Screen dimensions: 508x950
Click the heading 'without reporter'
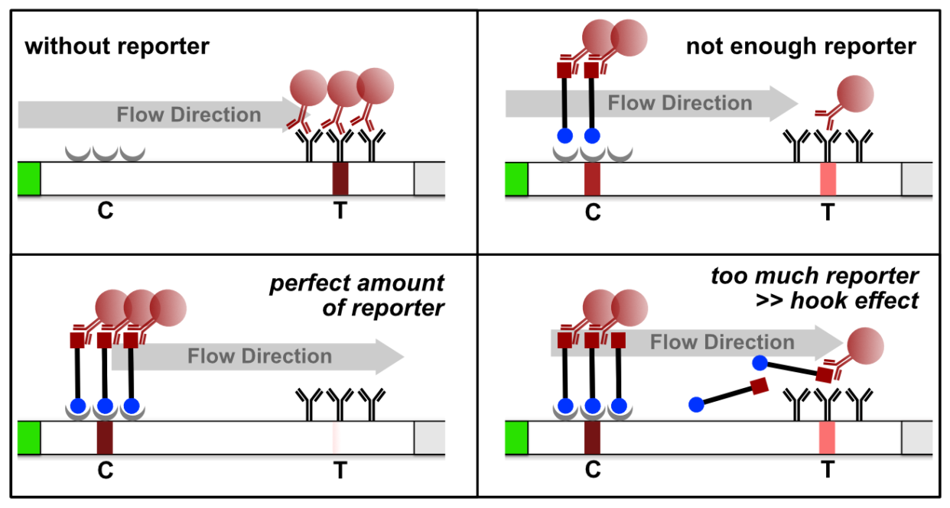coord(116,47)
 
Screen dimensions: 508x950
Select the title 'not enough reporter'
coord(800,47)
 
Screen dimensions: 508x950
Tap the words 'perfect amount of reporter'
coord(356,296)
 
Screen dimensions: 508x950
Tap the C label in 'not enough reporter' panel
coord(593,212)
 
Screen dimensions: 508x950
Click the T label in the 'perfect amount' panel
coord(340,471)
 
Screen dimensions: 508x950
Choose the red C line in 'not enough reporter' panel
coord(593,179)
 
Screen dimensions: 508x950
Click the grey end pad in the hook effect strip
coord(916,436)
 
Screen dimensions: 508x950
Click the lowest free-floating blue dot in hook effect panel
coord(695,403)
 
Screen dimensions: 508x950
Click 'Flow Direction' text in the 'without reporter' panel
coord(189,115)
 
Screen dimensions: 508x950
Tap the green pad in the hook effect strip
coord(517,436)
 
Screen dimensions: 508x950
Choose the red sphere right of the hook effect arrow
coord(865,346)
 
